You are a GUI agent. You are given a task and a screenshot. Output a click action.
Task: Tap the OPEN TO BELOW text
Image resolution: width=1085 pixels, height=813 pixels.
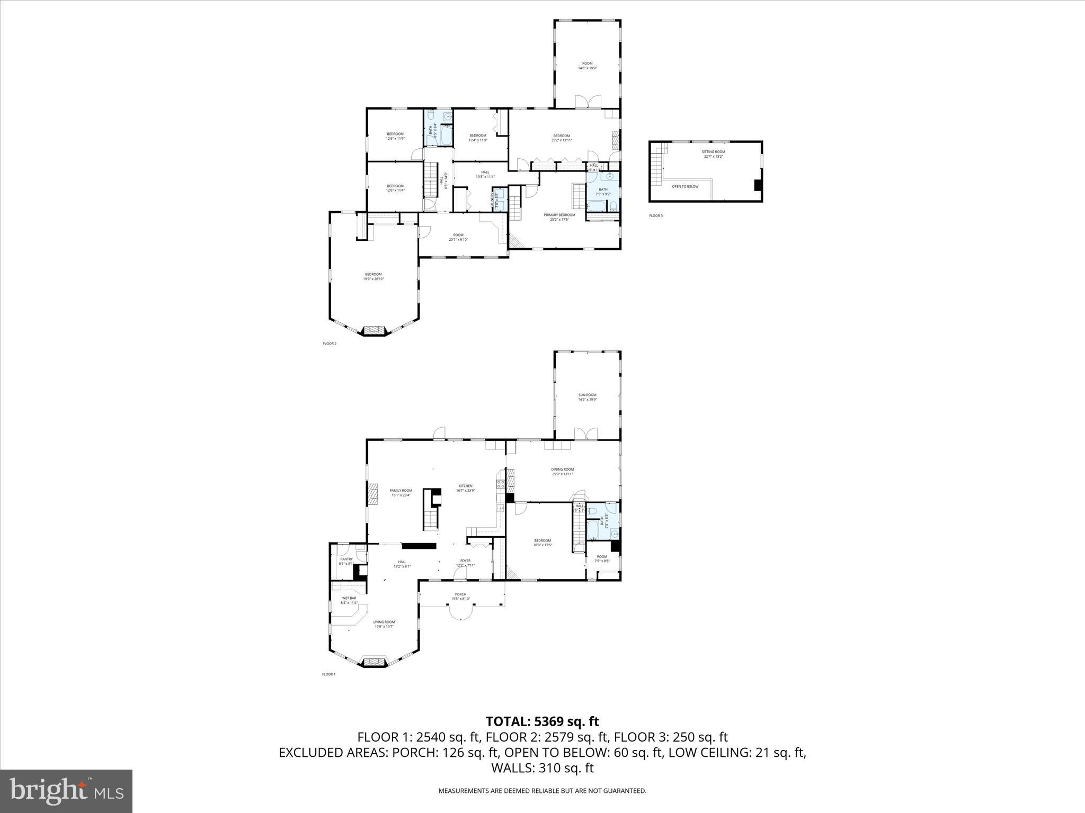click(x=685, y=186)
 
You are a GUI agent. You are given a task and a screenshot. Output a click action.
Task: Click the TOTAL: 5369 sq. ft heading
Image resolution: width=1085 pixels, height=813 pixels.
click(x=542, y=721)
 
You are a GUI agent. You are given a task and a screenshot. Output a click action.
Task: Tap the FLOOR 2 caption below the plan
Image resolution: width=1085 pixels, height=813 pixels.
click(x=330, y=344)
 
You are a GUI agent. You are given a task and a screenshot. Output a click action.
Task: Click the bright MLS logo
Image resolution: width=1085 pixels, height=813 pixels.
click(x=66, y=791)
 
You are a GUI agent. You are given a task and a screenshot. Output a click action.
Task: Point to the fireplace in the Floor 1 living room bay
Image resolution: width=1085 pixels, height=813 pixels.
click(x=374, y=662)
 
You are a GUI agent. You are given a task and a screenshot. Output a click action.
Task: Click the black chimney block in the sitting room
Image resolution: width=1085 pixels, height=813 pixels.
click(x=758, y=185)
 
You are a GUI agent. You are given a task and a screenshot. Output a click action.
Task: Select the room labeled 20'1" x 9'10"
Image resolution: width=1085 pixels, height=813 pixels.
click(x=458, y=237)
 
